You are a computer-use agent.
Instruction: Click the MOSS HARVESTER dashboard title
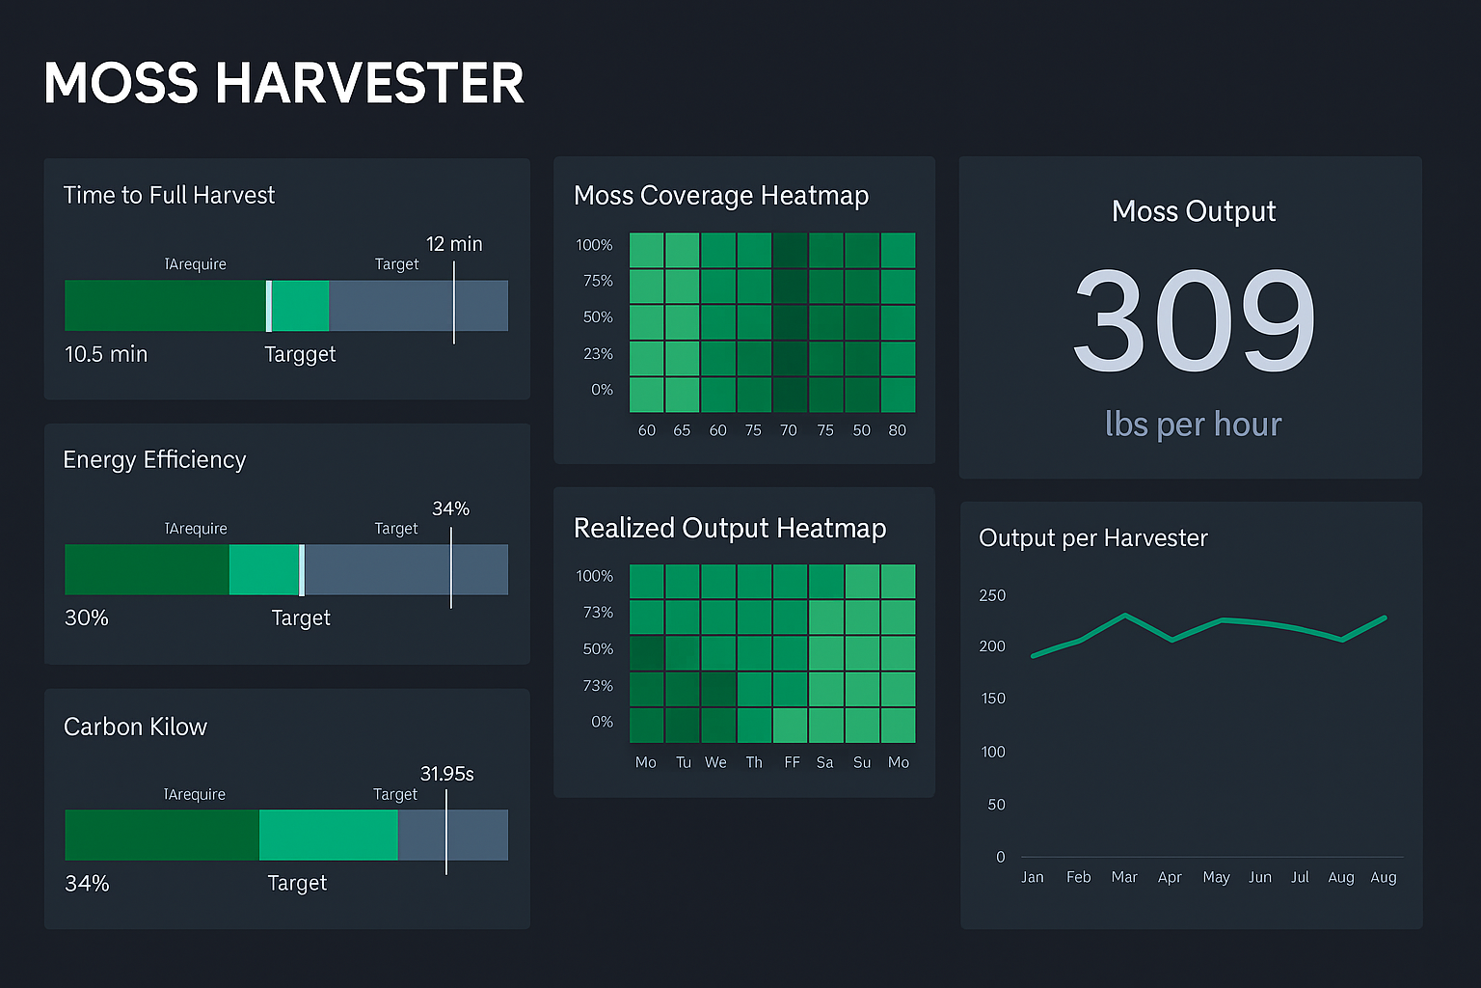pyautogui.click(x=283, y=83)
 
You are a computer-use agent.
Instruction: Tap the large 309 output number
pyautogui.click(x=1194, y=320)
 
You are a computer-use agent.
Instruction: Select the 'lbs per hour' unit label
pyautogui.click(x=1193, y=425)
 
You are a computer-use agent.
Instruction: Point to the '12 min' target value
pyautogui.click(x=454, y=244)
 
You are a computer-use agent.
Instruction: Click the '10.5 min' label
pyautogui.click(x=106, y=354)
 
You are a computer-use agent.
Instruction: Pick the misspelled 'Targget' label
pyautogui.click(x=300, y=354)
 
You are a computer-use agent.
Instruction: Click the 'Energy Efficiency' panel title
pyautogui.click(x=154, y=459)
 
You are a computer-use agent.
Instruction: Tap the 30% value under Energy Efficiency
pyautogui.click(x=87, y=617)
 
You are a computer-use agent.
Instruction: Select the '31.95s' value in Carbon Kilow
pyautogui.click(x=446, y=774)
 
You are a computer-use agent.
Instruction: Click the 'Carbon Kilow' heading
pyautogui.click(x=135, y=727)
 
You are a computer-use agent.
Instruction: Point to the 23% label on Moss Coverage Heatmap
pyautogui.click(x=598, y=354)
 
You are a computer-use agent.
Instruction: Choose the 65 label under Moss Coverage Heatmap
pyautogui.click(x=682, y=430)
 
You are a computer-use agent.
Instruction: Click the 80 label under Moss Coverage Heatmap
pyautogui.click(x=897, y=430)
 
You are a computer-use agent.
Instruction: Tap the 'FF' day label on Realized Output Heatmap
pyautogui.click(x=792, y=762)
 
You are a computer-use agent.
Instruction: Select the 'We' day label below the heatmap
pyautogui.click(x=715, y=762)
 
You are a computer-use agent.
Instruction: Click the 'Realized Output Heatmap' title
pyautogui.click(x=730, y=528)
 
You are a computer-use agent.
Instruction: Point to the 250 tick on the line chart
pyautogui.click(x=992, y=595)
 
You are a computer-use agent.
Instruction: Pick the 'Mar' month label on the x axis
pyautogui.click(x=1124, y=877)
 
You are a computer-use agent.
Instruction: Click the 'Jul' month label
pyautogui.click(x=1300, y=877)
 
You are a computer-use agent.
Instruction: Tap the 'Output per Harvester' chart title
pyautogui.click(x=1093, y=537)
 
